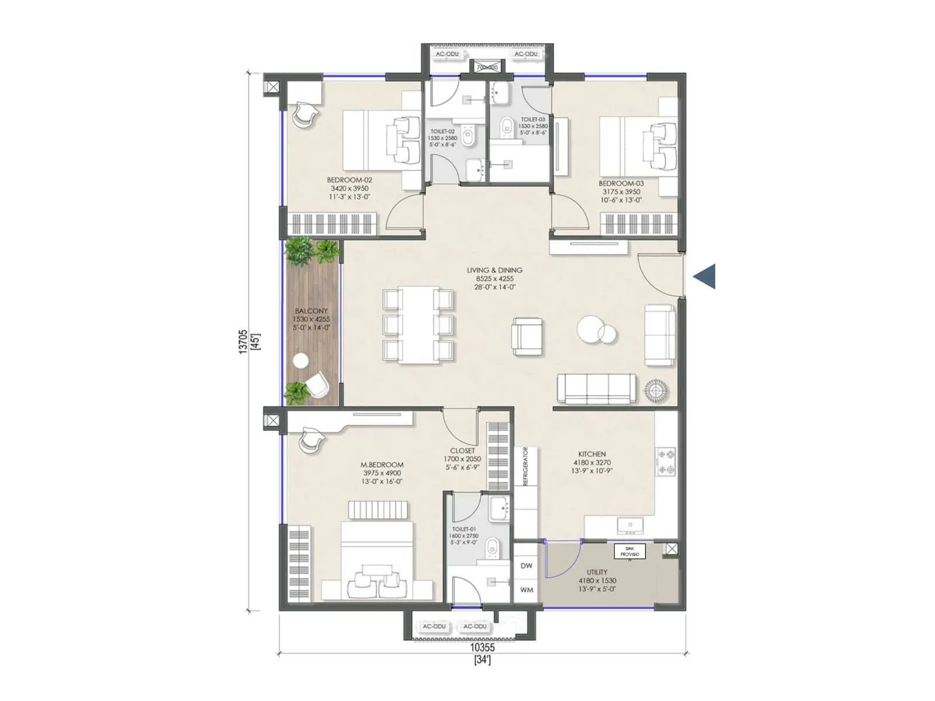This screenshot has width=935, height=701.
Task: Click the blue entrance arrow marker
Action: point(705,276)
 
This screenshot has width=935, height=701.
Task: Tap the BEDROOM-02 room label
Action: point(349,181)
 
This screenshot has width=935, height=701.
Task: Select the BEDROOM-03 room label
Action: point(621,183)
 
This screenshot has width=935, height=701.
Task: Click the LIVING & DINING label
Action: point(494,270)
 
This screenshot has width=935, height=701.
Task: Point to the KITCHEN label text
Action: point(592,454)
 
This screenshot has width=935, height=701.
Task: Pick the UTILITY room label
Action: point(597,572)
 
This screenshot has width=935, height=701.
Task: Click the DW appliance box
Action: point(527,565)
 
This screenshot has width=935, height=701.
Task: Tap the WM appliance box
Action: point(527,590)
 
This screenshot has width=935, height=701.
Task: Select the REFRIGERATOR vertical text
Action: point(525,466)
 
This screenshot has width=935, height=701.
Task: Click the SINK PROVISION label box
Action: point(629,551)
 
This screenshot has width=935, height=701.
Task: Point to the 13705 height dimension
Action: point(244,342)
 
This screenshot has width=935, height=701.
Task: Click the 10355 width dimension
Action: point(482,647)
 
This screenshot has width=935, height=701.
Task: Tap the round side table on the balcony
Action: point(301,361)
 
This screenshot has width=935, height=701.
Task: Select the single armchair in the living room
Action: point(527,336)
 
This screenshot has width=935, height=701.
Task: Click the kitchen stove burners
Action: point(666,461)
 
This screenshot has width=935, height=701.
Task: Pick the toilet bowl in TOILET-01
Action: point(494,547)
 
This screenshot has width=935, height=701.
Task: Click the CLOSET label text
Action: point(462,451)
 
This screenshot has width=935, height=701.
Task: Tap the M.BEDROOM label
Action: point(382,465)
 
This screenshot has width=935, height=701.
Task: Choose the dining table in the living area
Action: point(418,325)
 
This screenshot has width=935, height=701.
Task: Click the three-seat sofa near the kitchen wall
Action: point(596,388)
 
